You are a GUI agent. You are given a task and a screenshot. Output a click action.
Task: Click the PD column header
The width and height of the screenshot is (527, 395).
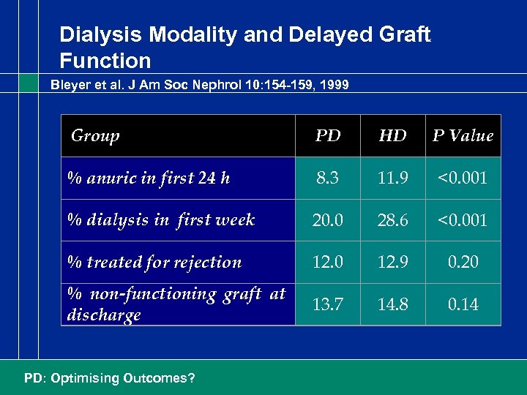point(327,136)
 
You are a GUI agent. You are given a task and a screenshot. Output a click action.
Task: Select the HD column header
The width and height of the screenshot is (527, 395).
point(393,136)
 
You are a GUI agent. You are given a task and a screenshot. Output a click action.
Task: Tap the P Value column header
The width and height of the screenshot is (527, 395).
point(463,136)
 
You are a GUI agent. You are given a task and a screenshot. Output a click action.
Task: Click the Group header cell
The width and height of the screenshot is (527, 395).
point(95,135)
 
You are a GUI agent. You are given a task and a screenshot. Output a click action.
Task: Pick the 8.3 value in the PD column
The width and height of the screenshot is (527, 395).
point(327,178)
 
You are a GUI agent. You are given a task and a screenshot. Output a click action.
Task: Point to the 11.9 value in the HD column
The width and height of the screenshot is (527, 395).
point(393,178)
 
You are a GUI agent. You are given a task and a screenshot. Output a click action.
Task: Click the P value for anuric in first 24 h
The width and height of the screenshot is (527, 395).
point(463,178)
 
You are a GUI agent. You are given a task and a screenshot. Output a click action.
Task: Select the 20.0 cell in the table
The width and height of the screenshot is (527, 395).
point(327,220)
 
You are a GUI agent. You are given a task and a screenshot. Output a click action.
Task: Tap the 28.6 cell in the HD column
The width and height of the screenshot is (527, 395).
point(393,220)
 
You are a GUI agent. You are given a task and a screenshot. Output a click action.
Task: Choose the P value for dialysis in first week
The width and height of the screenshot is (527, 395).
point(463,220)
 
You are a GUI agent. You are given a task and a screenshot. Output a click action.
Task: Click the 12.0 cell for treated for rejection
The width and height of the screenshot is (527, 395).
point(327,262)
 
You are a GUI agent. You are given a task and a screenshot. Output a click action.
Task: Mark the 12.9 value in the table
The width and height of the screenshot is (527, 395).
point(393,262)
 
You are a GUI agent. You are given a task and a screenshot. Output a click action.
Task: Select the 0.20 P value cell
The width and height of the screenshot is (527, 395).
point(463,262)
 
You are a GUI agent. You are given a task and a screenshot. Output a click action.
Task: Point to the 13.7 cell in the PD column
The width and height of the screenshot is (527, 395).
point(327,304)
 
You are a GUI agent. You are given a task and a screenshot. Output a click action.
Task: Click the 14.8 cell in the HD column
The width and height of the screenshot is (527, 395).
point(393,304)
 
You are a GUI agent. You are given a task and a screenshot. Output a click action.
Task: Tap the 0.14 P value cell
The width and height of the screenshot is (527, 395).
point(463,304)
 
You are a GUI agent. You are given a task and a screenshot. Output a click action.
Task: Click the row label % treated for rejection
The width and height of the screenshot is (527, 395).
point(154,262)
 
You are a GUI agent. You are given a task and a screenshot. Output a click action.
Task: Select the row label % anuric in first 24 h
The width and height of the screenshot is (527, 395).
point(149,178)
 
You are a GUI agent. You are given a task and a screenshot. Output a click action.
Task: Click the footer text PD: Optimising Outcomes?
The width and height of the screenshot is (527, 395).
point(109,378)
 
